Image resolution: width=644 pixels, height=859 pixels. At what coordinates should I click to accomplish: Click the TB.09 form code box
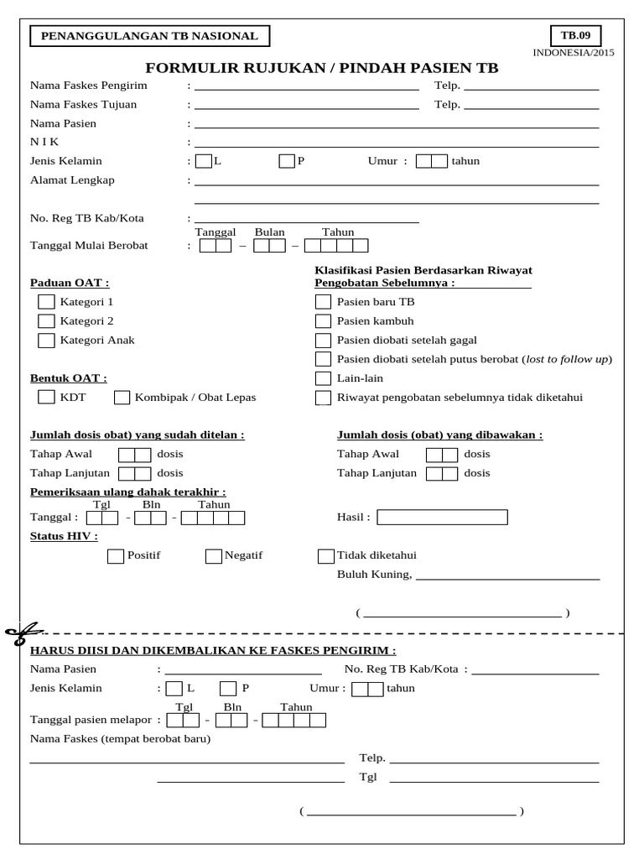[575, 35]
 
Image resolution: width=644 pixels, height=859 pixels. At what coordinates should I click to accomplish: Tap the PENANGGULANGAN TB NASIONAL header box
[150, 36]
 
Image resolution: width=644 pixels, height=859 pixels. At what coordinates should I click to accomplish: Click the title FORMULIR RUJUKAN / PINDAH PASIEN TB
[322, 68]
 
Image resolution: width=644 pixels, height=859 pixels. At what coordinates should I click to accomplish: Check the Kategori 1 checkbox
[46, 301]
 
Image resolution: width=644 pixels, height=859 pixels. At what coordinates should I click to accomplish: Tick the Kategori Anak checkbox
[46, 341]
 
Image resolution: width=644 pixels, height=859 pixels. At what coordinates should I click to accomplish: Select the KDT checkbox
[46, 397]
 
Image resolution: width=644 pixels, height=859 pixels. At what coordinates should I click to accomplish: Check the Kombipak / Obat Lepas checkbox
[122, 398]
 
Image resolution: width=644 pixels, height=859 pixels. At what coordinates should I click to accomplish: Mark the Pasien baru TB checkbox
[323, 302]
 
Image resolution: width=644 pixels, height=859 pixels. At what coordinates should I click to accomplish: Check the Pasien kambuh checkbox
[323, 321]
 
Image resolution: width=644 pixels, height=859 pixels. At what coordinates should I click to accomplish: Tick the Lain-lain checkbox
[323, 378]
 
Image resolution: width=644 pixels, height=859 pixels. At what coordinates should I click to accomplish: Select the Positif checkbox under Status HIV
[116, 555]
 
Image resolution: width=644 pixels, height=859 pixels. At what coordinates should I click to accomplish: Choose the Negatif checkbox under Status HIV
[214, 555]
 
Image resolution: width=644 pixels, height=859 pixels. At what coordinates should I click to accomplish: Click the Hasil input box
[442, 517]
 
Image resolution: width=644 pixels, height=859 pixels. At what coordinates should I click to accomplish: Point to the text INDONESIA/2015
[574, 53]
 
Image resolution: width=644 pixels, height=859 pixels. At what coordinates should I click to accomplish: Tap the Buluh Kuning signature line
[507, 577]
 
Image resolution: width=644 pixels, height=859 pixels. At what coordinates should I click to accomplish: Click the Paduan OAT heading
[70, 283]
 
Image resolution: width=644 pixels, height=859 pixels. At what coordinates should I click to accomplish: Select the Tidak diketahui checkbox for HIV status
[326, 555]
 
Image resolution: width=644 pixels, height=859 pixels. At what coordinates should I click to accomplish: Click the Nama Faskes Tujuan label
[83, 105]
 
